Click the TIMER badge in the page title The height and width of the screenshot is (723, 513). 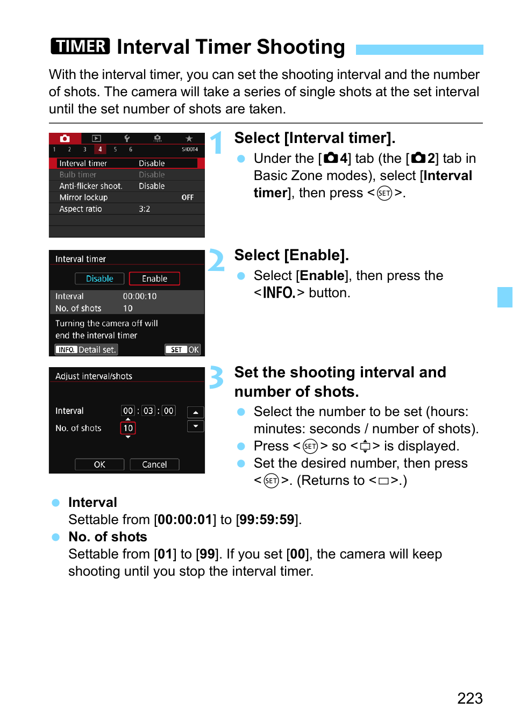click(x=80, y=46)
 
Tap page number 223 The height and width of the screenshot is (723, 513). click(x=469, y=698)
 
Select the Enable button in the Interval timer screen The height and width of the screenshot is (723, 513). click(x=154, y=278)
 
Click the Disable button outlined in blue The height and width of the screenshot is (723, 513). click(x=99, y=278)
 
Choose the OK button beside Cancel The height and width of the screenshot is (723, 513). click(x=99, y=464)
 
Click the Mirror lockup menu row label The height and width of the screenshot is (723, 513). click(x=83, y=197)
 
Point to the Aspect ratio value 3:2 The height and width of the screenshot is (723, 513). click(x=144, y=209)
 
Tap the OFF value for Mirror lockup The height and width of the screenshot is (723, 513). click(x=187, y=197)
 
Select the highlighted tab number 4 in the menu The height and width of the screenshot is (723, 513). click(x=100, y=149)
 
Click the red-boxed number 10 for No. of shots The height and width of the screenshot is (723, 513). click(x=128, y=428)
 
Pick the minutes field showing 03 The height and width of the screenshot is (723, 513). click(x=148, y=411)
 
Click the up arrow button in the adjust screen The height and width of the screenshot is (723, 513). click(x=195, y=412)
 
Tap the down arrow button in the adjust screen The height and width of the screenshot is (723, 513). click(x=195, y=426)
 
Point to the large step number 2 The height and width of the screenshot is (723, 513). click(x=216, y=261)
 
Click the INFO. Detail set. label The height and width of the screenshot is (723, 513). click(x=87, y=349)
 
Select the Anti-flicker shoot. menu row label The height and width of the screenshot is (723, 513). click(x=90, y=186)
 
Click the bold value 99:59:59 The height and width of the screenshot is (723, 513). click(x=267, y=519)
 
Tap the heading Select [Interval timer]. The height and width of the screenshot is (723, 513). click(x=315, y=138)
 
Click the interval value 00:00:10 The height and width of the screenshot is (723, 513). click(x=140, y=296)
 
